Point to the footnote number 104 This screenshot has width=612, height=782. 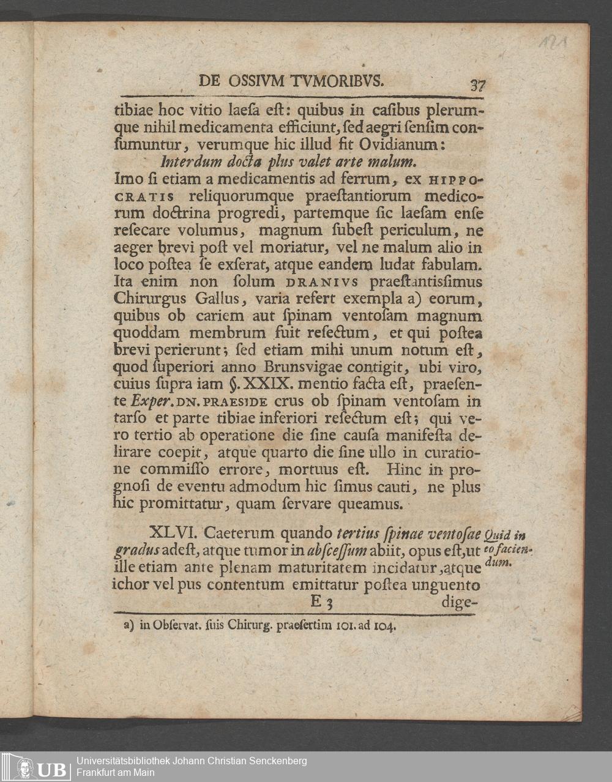coord(386,626)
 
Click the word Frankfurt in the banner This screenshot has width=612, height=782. coord(97,773)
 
